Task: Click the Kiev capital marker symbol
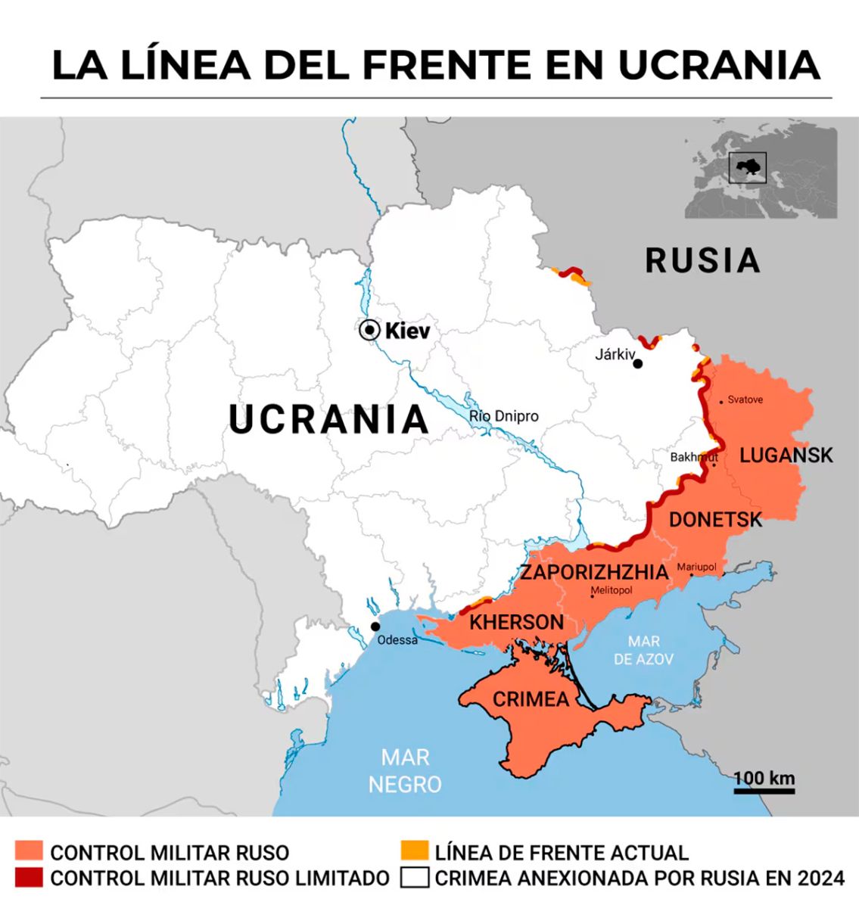pos(369,330)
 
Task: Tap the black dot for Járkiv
pos(637,364)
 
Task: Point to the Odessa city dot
pos(375,627)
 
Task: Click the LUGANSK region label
pos(786,455)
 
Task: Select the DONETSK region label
pos(715,520)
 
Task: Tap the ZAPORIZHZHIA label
pos(594,572)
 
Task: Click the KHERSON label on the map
pos(516,623)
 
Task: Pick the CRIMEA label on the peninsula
pos(531,699)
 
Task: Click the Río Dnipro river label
pos(504,416)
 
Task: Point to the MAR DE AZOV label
pos(643,651)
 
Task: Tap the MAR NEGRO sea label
pos(404,771)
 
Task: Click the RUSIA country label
pos(702,261)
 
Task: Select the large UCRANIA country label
pos(328,420)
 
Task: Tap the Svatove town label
pos(745,400)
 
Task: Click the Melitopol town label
pos(611,591)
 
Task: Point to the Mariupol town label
pos(696,567)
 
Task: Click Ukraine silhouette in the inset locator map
pos(748,168)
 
